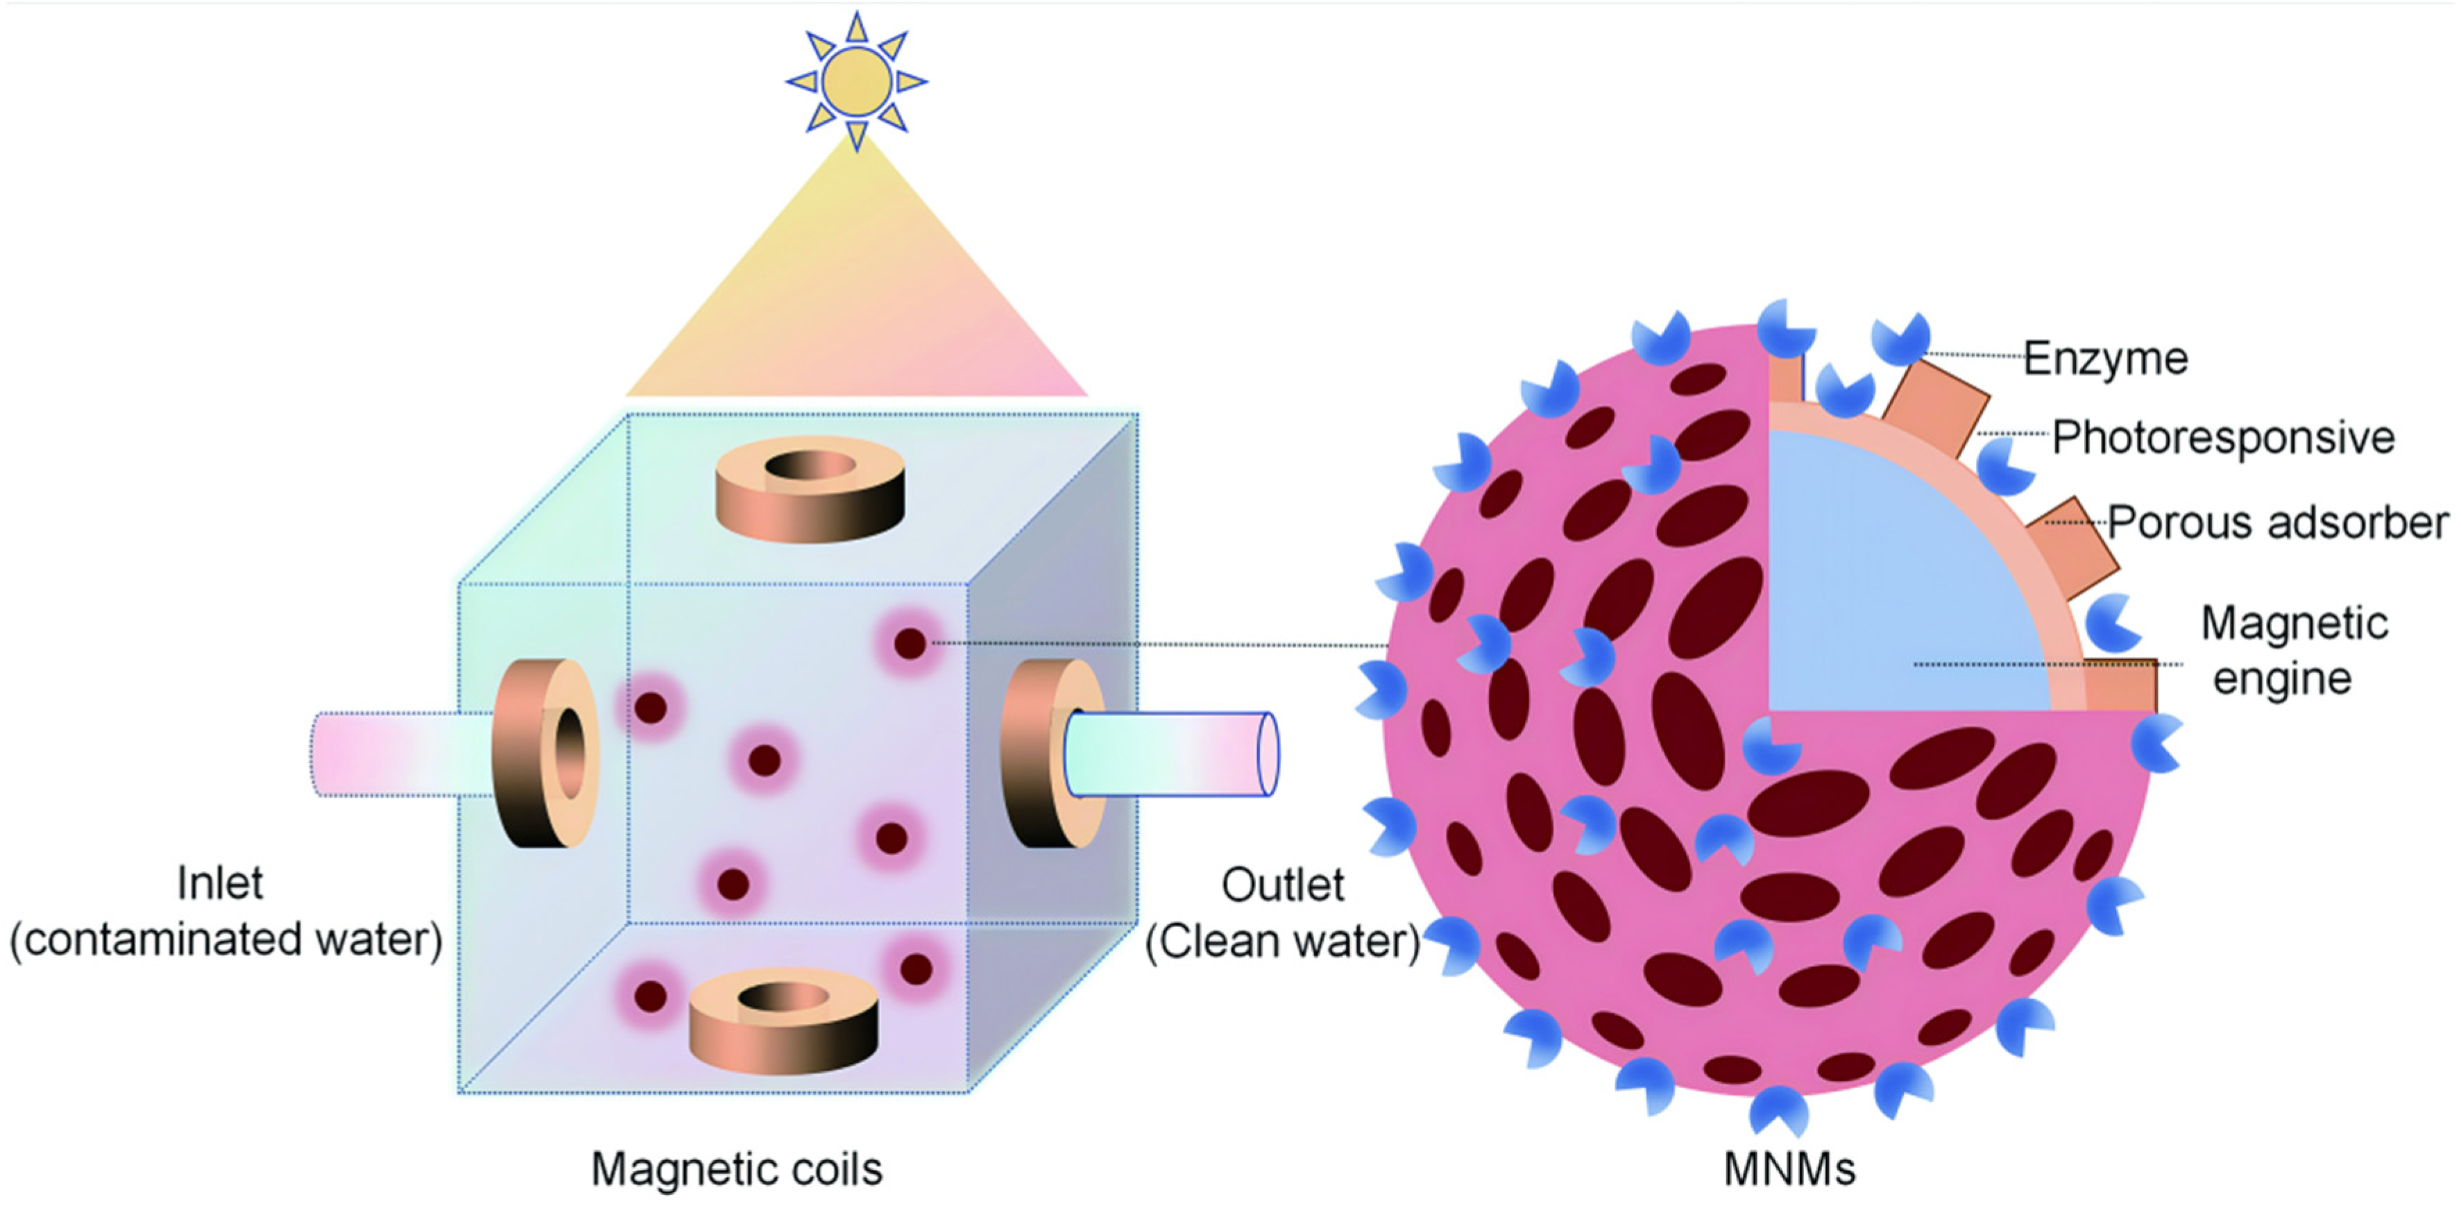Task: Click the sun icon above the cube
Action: pos(856,82)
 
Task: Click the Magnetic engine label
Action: pos(2293,650)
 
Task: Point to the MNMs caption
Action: pos(1789,1168)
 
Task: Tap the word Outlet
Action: pos(1282,885)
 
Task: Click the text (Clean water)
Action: pos(1282,942)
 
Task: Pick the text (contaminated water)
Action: pos(225,939)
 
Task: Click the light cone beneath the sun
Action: pos(857,306)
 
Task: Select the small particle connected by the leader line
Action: pos(910,643)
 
